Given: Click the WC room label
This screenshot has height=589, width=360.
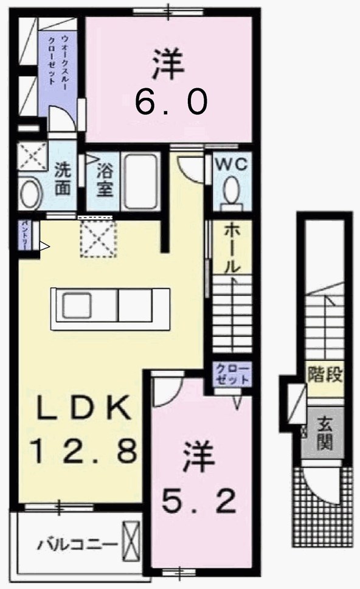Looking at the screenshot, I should [232, 165].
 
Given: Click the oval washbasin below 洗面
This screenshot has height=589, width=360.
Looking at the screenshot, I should [30, 193].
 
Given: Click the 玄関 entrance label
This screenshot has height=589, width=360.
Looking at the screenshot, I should [326, 431].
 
